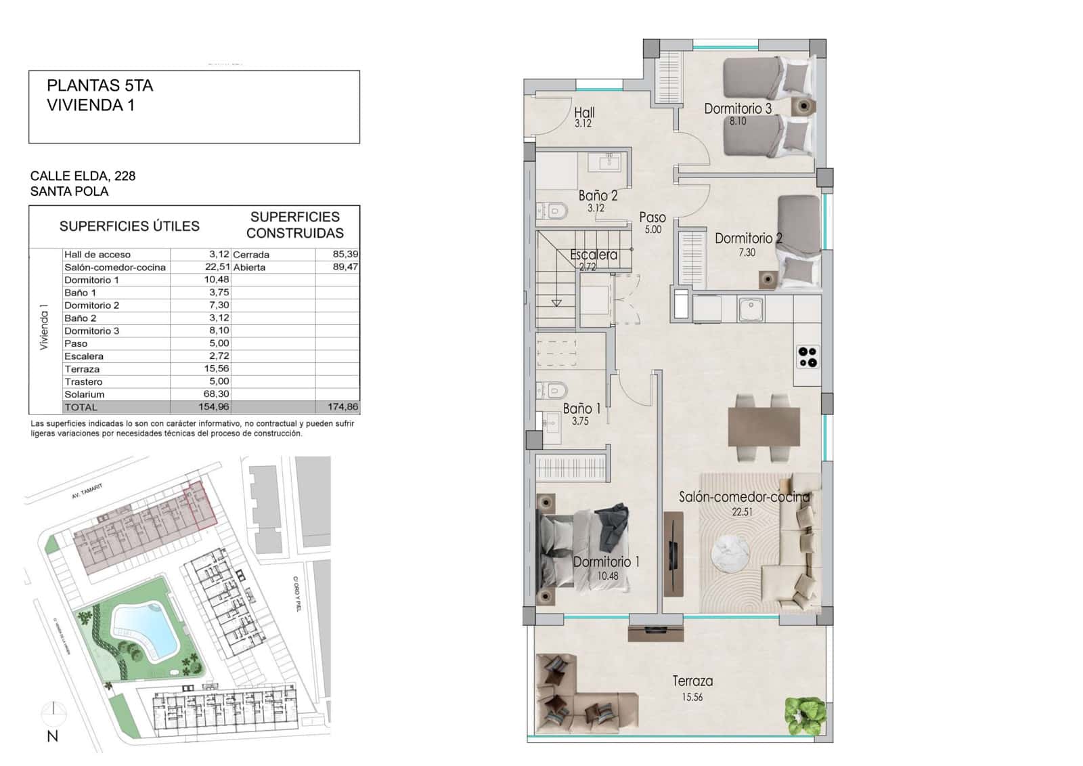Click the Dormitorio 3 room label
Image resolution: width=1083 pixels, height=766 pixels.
click(x=737, y=108)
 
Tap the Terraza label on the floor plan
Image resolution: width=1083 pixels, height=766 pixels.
click(x=692, y=681)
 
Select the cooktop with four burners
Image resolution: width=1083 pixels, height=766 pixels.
click(x=808, y=357)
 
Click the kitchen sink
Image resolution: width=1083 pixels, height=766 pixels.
click(x=750, y=310)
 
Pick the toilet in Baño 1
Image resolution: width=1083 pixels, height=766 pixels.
click(x=555, y=390)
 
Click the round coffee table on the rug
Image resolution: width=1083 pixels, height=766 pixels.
click(x=730, y=553)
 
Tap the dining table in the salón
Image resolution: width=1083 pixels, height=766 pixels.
click(x=764, y=426)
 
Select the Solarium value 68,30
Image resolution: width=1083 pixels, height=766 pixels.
click(x=216, y=394)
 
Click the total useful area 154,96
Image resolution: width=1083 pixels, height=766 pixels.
click(x=214, y=407)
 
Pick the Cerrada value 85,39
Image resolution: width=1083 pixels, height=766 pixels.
click(x=345, y=254)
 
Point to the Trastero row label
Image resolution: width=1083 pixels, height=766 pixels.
click(x=83, y=382)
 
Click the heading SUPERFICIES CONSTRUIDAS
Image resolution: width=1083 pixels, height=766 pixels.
click(x=294, y=225)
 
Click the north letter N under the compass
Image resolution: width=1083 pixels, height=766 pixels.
click(x=53, y=736)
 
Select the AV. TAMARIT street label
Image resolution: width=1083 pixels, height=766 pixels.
click(x=87, y=492)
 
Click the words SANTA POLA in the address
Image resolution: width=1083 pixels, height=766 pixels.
click(x=69, y=192)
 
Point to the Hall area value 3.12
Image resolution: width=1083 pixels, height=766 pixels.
click(x=583, y=124)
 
